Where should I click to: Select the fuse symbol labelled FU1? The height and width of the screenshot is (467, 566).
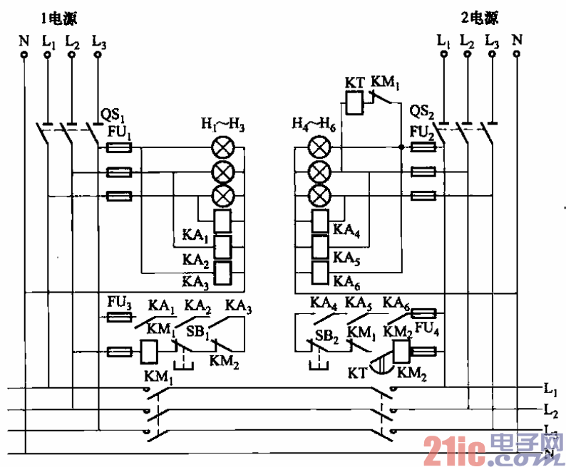point(118,148)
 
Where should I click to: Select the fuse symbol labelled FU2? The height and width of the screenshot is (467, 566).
point(424,147)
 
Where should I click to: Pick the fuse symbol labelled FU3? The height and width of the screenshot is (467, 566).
point(118,316)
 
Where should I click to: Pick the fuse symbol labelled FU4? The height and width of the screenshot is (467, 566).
point(424,313)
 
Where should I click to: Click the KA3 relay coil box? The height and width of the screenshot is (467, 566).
point(225,272)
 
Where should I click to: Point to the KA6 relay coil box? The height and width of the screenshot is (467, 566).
point(320,271)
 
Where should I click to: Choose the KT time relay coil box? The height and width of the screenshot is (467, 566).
point(355,105)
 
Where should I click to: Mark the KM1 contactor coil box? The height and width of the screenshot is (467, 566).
point(150,351)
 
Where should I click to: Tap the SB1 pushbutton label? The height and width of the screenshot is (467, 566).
point(197,332)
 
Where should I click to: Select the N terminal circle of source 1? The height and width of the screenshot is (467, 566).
point(24,54)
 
